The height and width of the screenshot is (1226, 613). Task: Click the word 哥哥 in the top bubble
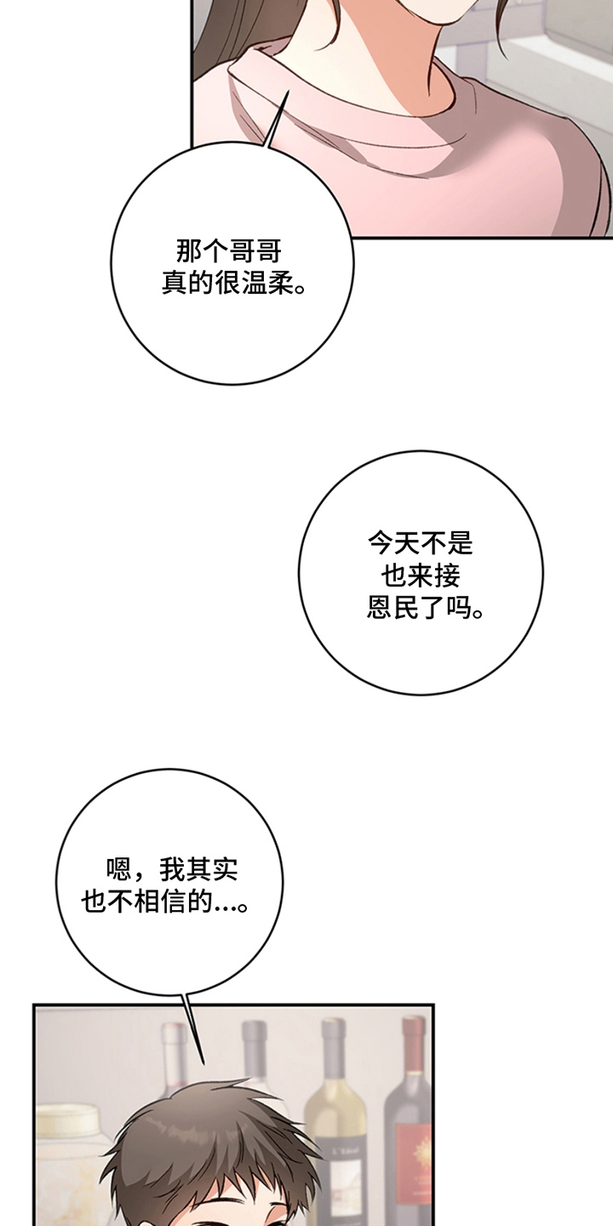pos(255,252)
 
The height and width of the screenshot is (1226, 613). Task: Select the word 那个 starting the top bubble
pos(203,252)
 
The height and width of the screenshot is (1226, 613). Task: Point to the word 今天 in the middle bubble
pos(393,543)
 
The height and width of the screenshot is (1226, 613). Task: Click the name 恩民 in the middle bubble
pos(392,607)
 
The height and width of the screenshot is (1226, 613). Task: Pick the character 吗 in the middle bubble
pos(459,607)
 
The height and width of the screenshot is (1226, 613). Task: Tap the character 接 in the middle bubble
pos(447,576)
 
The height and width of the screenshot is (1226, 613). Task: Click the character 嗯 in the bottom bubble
pos(119,868)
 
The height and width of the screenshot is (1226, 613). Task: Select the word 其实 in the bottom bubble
pos(212,868)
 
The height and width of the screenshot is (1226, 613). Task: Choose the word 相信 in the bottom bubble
pos(160,901)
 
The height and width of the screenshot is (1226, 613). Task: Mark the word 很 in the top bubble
pos(229,284)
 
